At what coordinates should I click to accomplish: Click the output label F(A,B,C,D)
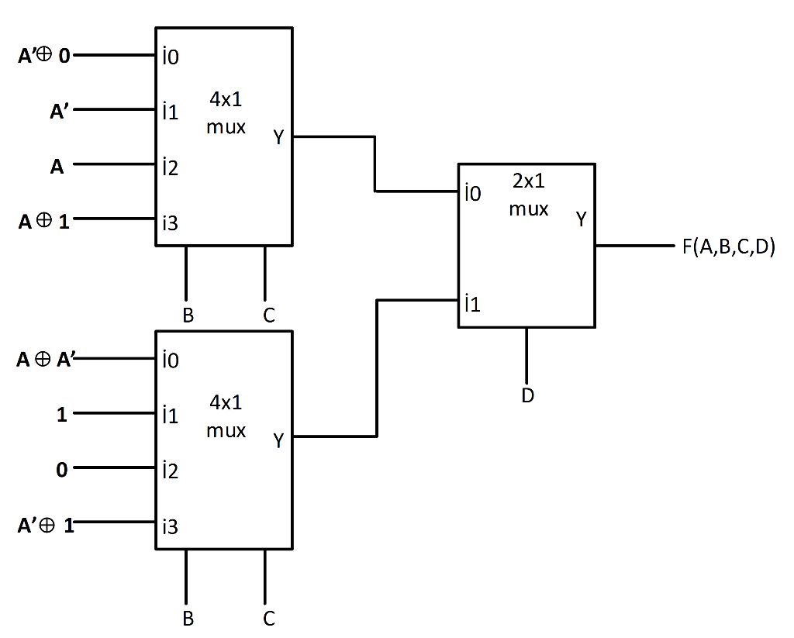click(x=729, y=248)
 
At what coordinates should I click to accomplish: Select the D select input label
click(x=527, y=395)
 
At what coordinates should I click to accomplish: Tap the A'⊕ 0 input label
click(x=44, y=57)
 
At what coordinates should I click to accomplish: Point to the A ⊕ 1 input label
click(x=44, y=222)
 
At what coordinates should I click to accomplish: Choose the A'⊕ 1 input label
click(x=46, y=526)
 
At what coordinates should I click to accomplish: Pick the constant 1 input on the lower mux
click(x=62, y=415)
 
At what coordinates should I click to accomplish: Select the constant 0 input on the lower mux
click(x=62, y=470)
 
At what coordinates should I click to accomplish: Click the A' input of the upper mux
click(x=60, y=112)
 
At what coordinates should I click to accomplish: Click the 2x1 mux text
click(x=529, y=195)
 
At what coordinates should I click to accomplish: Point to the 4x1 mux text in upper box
click(x=226, y=112)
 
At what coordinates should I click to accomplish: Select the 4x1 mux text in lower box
click(x=226, y=416)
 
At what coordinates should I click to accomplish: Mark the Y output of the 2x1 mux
click(x=581, y=219)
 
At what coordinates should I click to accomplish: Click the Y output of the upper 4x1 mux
click(x=278, y=138)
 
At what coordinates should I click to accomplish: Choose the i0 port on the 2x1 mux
click(x=472, y=193)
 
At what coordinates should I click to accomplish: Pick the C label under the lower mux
click(x=268, y=619)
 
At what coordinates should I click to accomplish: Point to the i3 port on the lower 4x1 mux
click(x=170, y=526)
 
